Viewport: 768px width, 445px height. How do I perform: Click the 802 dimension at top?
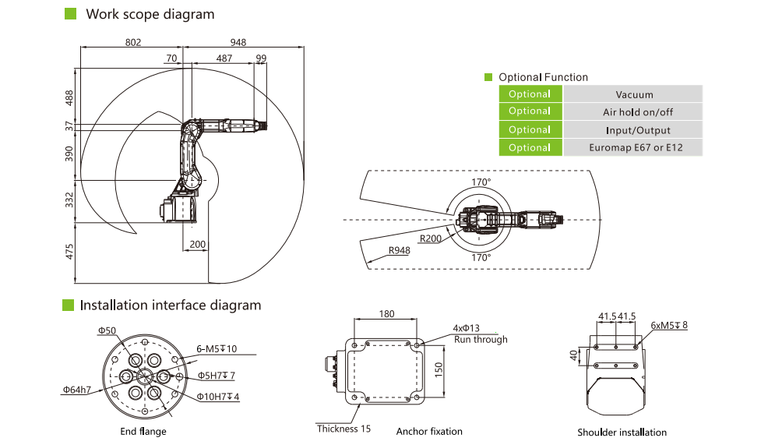point(133,42)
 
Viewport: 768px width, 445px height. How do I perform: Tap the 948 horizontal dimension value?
point(239,42)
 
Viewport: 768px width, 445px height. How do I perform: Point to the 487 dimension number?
point(224,58)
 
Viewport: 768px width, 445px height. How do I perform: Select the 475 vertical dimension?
point(69,252)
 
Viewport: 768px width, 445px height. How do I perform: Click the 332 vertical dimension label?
point(69,200)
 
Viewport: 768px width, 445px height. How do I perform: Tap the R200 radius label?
point(429,239)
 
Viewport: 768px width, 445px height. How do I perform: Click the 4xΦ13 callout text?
point(467,327)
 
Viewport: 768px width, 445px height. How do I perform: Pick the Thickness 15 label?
point(343,429)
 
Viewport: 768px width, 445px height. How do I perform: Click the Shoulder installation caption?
point(622,433)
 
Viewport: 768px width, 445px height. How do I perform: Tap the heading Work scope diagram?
point(150,14)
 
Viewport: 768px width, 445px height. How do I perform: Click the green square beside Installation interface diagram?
point(68,305)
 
